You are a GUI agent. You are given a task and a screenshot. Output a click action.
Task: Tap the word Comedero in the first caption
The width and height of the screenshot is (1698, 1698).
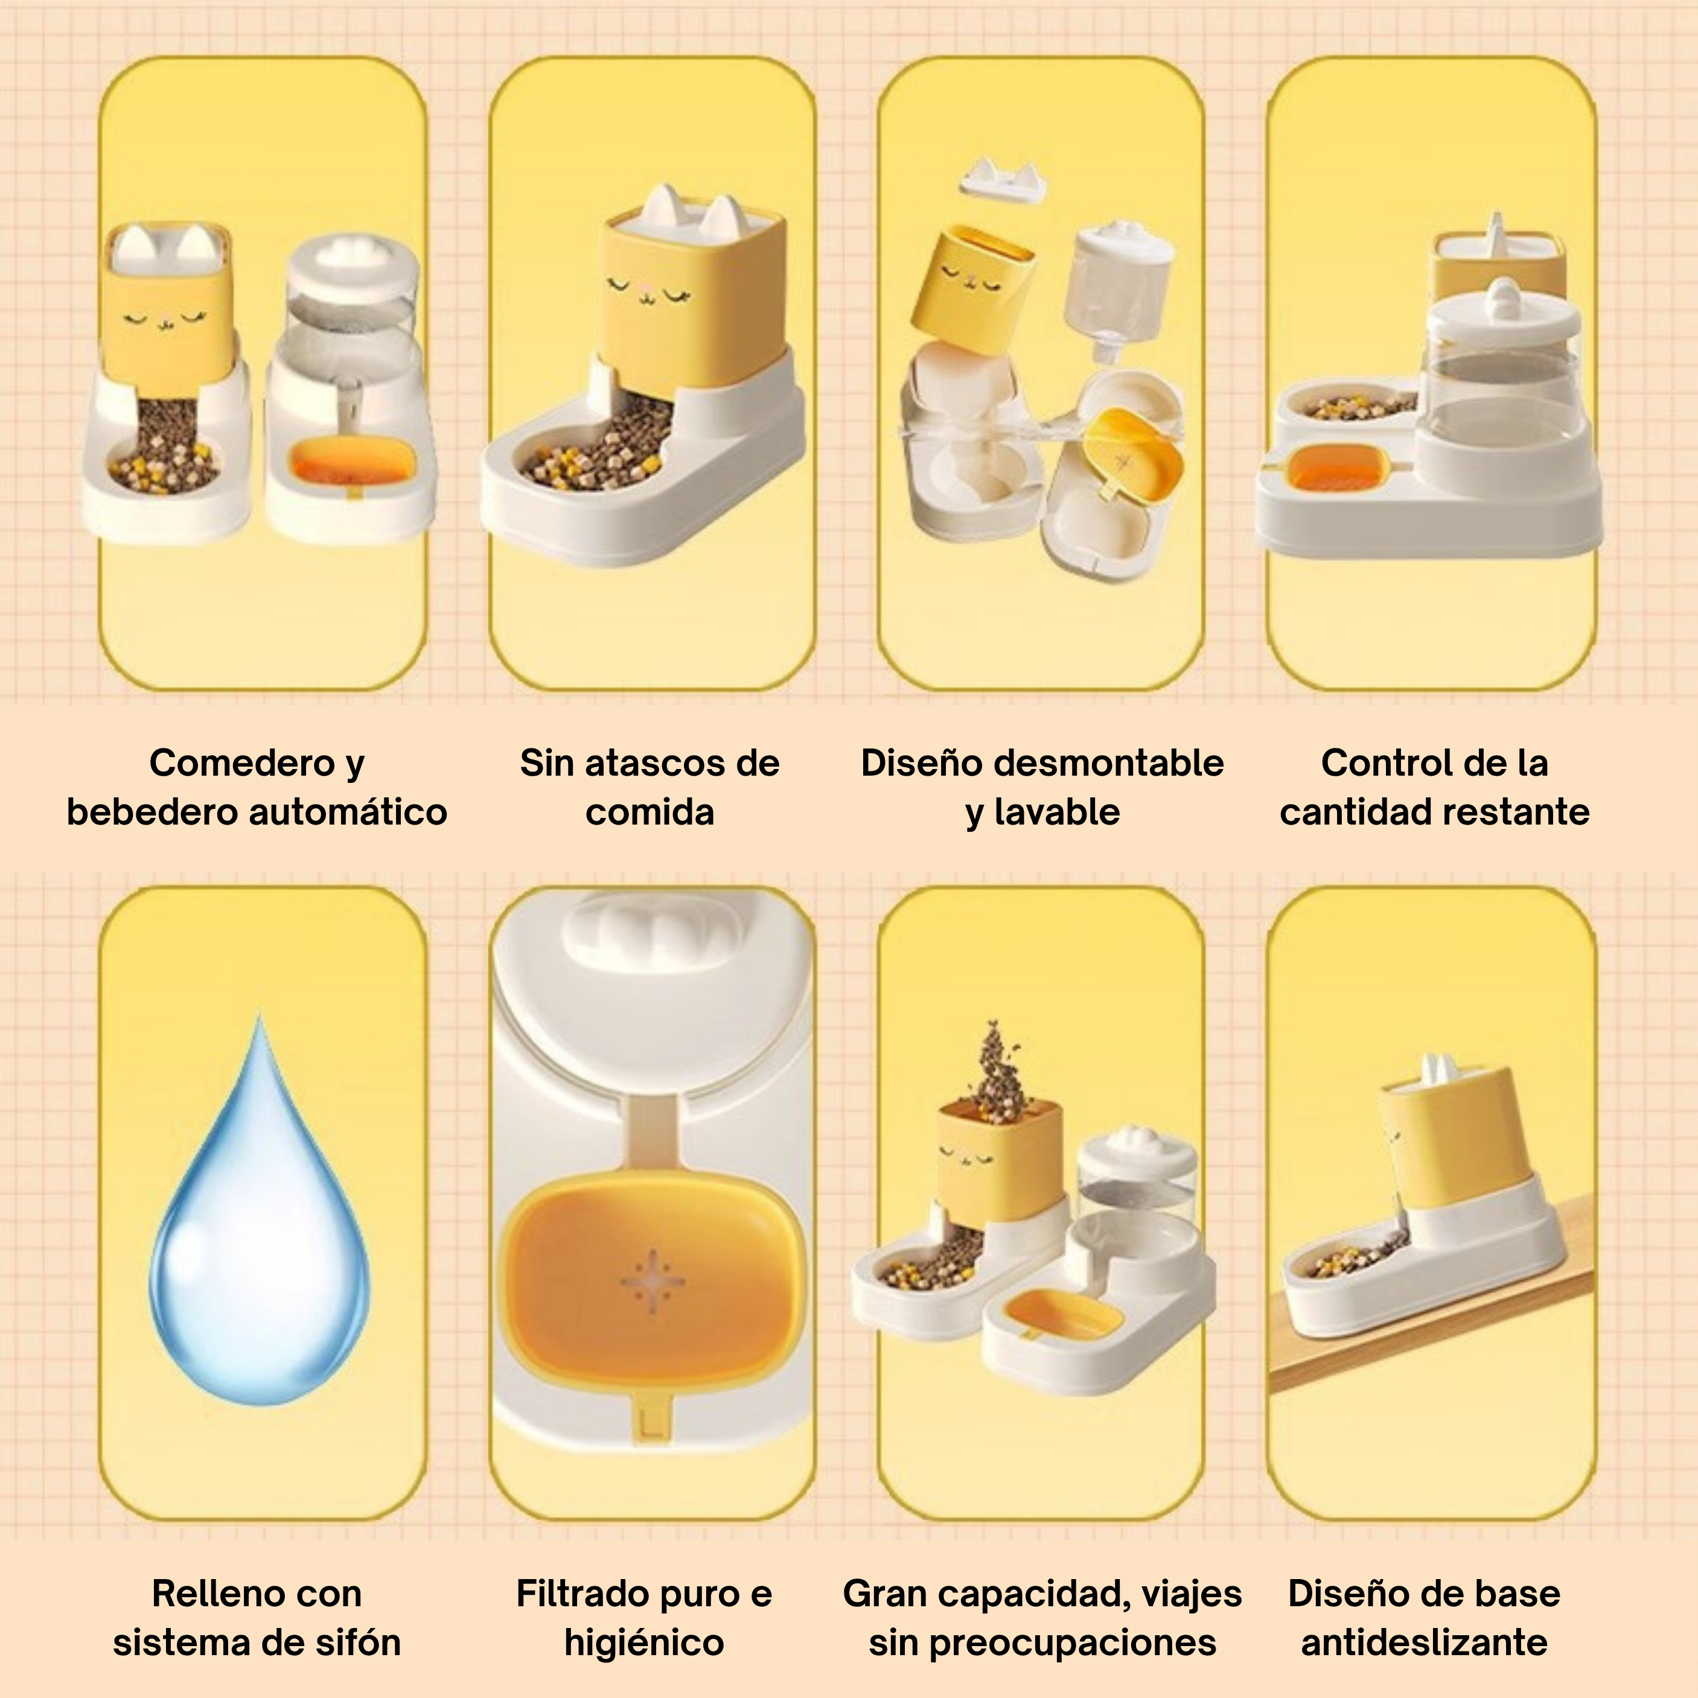coord(243,763)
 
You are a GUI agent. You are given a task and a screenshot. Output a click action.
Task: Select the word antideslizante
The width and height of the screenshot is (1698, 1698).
coord(1424,1642)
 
